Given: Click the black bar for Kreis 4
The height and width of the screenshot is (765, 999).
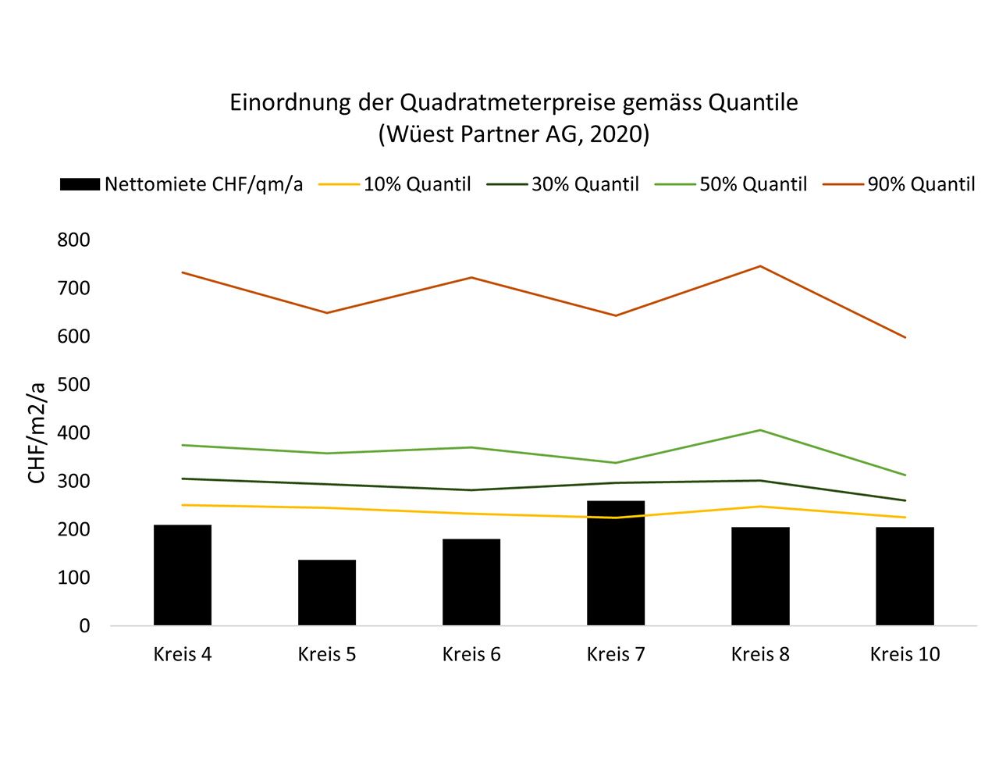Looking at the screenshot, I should point(183,575).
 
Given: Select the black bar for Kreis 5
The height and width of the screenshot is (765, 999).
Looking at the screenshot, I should point(327,592).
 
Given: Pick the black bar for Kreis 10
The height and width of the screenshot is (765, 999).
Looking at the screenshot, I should point(905,576).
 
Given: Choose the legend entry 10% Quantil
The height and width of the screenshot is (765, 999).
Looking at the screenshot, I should point(417,184).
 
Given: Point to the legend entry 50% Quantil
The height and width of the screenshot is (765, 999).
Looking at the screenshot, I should point(752,184).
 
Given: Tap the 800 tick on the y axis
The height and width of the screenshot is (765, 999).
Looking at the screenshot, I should point(73,240).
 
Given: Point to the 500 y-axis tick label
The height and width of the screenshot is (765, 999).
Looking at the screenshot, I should point(73,385).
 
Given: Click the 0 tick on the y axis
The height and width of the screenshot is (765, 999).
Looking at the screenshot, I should point(84,626).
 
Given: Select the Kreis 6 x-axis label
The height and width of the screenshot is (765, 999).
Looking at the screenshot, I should point(471,654).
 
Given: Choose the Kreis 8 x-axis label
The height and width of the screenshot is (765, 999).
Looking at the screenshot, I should point(760,654).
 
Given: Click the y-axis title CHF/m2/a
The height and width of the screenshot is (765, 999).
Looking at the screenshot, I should point(37,432).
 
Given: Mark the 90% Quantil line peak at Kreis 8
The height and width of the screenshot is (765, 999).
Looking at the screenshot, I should point(760,266).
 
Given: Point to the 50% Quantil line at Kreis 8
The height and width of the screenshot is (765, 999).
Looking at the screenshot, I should point(760,430).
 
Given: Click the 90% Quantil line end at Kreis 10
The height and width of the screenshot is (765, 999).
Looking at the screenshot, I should point(905,337).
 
